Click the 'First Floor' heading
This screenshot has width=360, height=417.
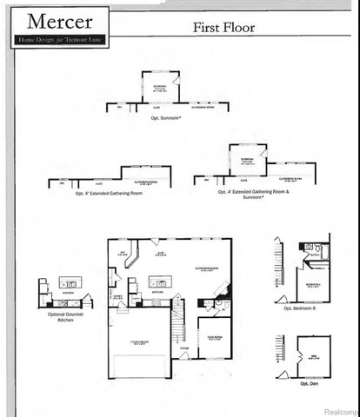[223, 28]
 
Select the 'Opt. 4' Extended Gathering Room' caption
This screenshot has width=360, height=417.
[109, 193]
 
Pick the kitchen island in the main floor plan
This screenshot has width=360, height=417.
[158, 281]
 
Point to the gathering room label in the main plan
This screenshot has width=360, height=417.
[205, 269]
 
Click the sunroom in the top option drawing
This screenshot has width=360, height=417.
[160, 89]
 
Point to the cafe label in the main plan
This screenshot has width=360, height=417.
[160, 255]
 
